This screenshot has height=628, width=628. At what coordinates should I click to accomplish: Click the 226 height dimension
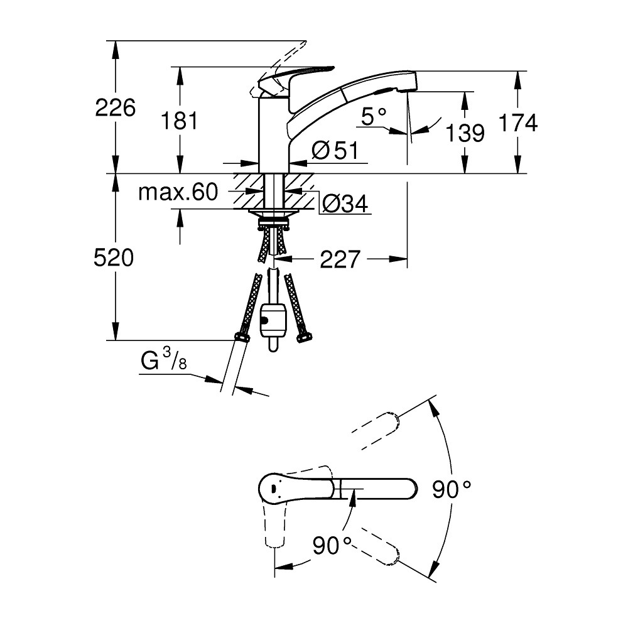[x=115, y=108]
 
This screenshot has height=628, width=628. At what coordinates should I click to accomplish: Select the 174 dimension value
[x=518, y=123]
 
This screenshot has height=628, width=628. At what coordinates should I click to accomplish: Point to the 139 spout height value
[x=465, y=133]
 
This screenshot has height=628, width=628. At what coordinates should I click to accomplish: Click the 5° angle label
[x=375, y=116]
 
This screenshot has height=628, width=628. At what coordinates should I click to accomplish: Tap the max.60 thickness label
[x=178, y=192]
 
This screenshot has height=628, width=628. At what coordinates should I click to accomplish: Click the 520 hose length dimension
[x=114, y=257]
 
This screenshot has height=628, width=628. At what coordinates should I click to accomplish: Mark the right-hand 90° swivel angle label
[x=452, y=490]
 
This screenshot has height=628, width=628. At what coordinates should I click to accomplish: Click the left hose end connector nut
[x=241, y=337]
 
